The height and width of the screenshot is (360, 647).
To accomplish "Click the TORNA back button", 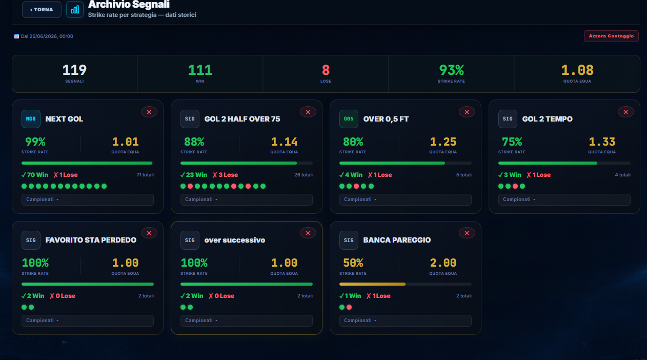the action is pos(42,10).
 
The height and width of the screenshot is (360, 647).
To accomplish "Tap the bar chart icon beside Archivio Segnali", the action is pos(75,10).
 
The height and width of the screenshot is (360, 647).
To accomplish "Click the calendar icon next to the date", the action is pos(16,36).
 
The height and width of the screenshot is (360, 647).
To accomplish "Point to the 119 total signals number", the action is pos(74,70).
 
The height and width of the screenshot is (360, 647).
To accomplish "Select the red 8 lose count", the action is pos(326,70).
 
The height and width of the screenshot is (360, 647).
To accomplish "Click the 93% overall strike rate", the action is pos(451,70).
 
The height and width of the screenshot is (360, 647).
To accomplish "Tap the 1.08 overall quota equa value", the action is pos(577,70).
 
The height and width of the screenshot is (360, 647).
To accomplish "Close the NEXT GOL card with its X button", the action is pos(149,112).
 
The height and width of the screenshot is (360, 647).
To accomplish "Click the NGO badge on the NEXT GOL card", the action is pos(31,119).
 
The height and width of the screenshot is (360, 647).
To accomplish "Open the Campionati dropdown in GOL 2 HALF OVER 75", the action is pos(247,199).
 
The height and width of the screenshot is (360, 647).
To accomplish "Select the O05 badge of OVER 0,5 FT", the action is pos(349,119).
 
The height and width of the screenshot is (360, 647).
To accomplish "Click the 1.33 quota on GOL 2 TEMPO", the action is pos(602,142).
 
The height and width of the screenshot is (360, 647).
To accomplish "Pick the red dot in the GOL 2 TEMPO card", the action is pos(515,186).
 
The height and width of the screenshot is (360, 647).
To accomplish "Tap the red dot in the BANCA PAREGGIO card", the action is pos(349,307).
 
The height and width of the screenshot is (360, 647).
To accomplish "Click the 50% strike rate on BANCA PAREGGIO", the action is pos(353,263).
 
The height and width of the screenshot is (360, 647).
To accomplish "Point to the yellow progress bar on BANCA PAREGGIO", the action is pos(372,284).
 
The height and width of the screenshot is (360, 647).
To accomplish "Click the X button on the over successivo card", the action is pos(308,233).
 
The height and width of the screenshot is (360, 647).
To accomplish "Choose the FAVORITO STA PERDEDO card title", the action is pos(91,240).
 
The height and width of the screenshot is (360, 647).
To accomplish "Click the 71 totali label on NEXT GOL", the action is pos(145,175).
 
